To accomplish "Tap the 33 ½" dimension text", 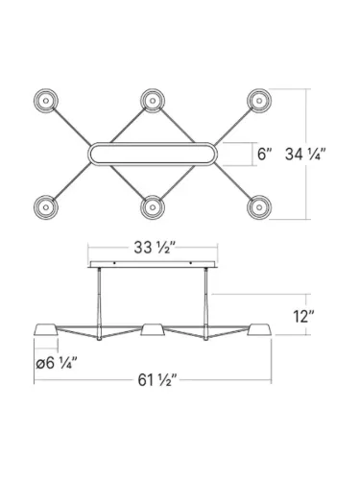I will coord(153,247).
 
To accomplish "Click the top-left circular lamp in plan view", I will coord(46,100).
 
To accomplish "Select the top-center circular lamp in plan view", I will coord(153,99).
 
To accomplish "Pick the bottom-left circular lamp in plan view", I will coord(46,205).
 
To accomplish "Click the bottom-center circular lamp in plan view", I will coord(153,205).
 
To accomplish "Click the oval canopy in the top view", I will coord(153,153).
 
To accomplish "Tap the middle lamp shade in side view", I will coord(153,330).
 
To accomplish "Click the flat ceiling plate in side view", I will coord(153,266).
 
